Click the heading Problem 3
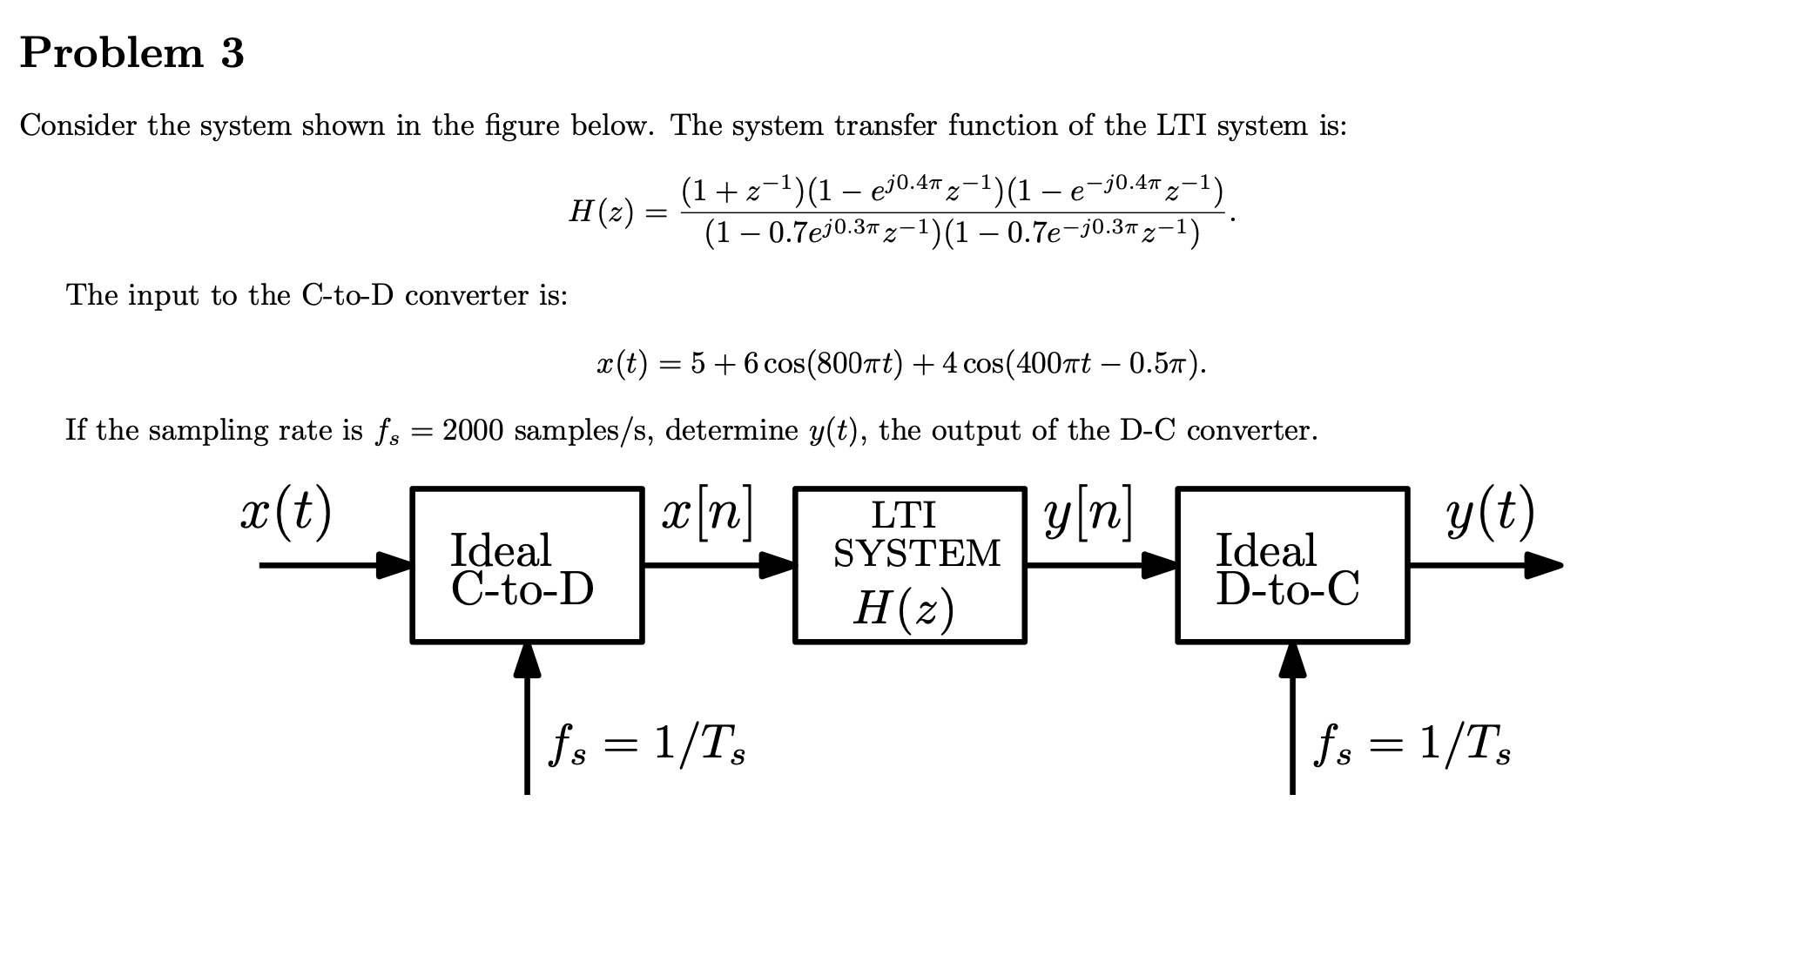click(x=132, y=53)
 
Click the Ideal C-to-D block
click(x=527, y=566)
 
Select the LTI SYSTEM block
click(x=910, y=566)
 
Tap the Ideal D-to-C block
click(x=1292, y=566)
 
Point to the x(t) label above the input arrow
click(x=286, y=514)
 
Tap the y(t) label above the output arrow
click(x=1490, y=514)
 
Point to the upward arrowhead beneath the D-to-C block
click(x=1292, y=660)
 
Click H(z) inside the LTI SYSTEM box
click(x=903, y=609)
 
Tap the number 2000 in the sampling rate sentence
click(x=473, y=431)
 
